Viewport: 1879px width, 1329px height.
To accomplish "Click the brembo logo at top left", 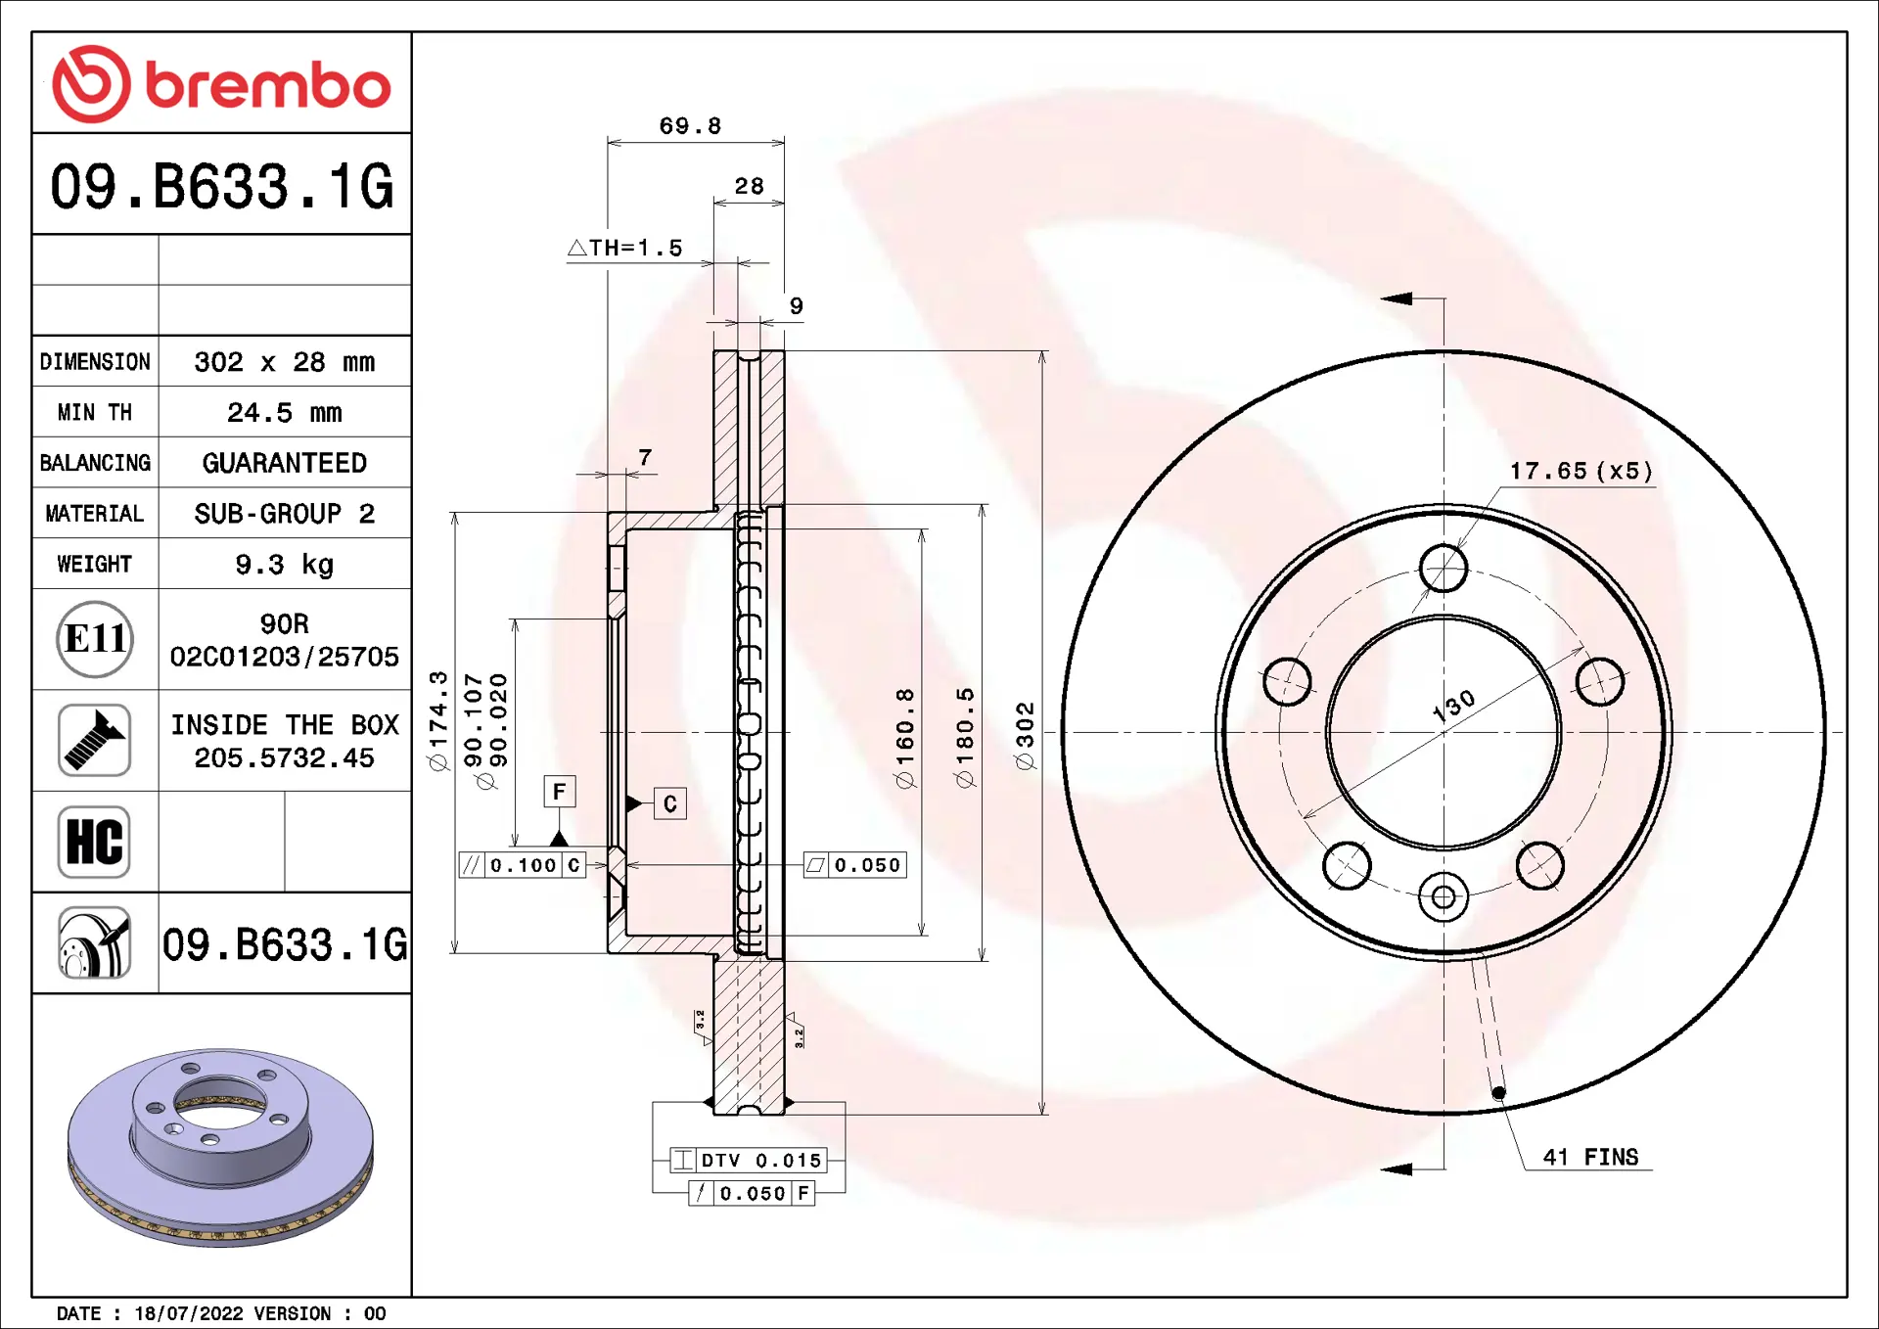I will pyautogui.click(x=221, y=84).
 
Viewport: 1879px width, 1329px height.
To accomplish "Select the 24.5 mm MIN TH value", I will pyautogui.click(x=284, y=413).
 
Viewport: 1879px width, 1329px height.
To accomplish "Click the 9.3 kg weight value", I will pyautogui.click(x=284, y=565).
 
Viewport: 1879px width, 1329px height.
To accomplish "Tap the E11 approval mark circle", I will pyautogui.click(x=94, y=639).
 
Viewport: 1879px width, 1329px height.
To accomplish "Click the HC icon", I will pyautogui.click(x=94, y=842).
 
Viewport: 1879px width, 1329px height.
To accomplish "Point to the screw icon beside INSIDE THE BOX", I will pyautogui.click(x=94, y=741).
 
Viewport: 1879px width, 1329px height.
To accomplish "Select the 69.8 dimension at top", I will pyautogui.click(x=690, y=126).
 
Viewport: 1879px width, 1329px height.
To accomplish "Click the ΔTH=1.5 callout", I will pyautogui.click(x=625, y=249).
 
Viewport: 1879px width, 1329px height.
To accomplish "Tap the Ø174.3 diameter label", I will pyautogui.click(x=438, y=721).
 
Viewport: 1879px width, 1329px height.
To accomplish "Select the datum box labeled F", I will pyautogui.click(x=560, y=791).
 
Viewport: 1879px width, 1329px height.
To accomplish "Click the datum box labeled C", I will pyautogui.click(x=670, y=804).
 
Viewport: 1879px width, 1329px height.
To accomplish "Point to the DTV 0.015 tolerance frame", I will pyautogui.click(x=749, y=1161).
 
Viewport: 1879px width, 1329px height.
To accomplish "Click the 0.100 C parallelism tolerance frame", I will pyautogui.click(x=523, y=865).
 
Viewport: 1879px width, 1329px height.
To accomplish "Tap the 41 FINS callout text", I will pyautogui.click(x=1590, y=1157).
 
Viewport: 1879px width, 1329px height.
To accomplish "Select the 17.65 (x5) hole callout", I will pyautogui.click(x=1581, y=471).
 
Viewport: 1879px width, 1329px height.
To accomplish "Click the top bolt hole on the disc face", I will pyautogui.click(x=1444, y=569).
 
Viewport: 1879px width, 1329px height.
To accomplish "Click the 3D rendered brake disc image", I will pyautogui.click(x=220, y=1145).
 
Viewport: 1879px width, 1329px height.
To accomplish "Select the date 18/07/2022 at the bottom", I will pyautogui.click(x=188, y=1313).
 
